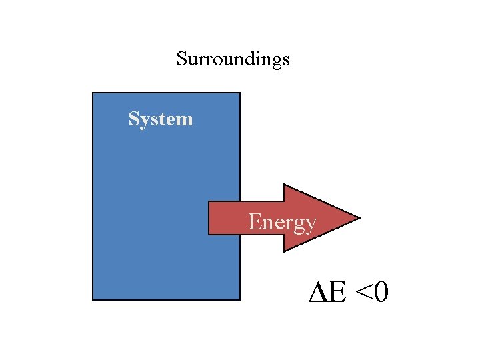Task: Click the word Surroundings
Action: pos(233,59)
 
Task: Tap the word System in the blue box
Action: pos(161,119)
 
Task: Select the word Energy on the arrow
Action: pos(282,221)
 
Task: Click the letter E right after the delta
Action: pos(337,291)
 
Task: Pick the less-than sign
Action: pos(365,293)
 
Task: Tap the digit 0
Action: pos(382,291)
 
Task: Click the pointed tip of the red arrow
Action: pos(359,218)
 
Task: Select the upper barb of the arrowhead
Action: pos(285,185)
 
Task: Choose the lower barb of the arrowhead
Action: pos(285,251)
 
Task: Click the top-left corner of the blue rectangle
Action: pos(93,93)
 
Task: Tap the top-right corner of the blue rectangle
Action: pos(239,93)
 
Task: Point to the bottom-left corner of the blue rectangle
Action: pos(93,299)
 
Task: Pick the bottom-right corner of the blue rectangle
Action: pos(239,299)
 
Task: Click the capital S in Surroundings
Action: pos(181,59)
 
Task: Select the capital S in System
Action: pos(133,119)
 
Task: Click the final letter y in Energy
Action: pos(311,224)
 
